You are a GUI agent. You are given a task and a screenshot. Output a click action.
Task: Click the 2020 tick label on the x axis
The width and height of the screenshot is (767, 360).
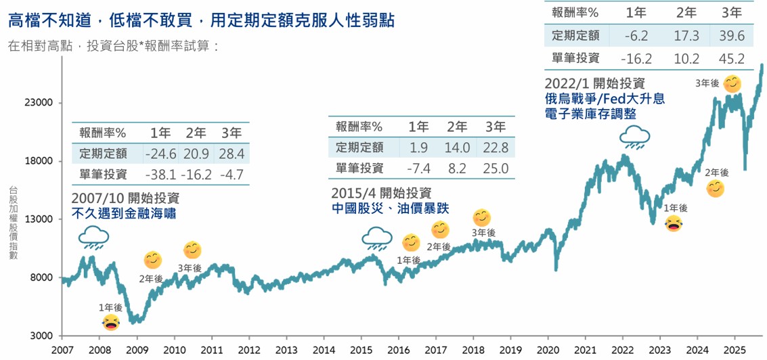[x=548, y=350]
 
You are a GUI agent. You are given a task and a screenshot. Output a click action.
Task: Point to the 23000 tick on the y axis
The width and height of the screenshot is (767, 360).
[x=39, y=104]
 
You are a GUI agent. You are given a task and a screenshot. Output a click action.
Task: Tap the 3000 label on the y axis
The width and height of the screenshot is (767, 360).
[x=42, y=336]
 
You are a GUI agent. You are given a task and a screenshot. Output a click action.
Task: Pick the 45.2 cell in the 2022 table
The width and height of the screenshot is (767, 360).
[x=732, y=58]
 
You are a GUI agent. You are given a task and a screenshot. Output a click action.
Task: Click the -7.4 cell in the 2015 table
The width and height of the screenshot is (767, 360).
[x=418, y=168]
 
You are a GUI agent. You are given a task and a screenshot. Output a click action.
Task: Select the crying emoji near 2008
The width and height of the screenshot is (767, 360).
[x=111, y=322]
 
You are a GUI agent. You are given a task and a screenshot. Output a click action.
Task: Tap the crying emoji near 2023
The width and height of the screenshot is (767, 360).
[x=674, y=223]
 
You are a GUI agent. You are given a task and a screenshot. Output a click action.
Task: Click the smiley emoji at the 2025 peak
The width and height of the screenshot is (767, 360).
[x=732, y=84]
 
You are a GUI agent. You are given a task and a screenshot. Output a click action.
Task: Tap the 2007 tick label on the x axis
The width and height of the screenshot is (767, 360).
[x=62, y=350]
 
